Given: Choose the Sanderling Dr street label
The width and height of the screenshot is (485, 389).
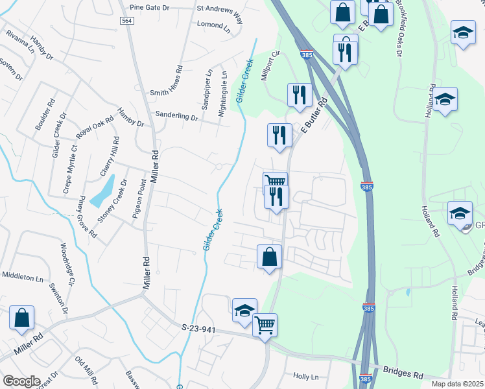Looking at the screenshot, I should point(176,117).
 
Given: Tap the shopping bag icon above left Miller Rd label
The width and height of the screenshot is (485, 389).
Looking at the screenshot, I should point(22,318).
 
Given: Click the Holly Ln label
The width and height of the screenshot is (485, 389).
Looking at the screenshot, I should point(306,376).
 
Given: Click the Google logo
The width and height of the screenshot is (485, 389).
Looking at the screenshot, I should point(21,381).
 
